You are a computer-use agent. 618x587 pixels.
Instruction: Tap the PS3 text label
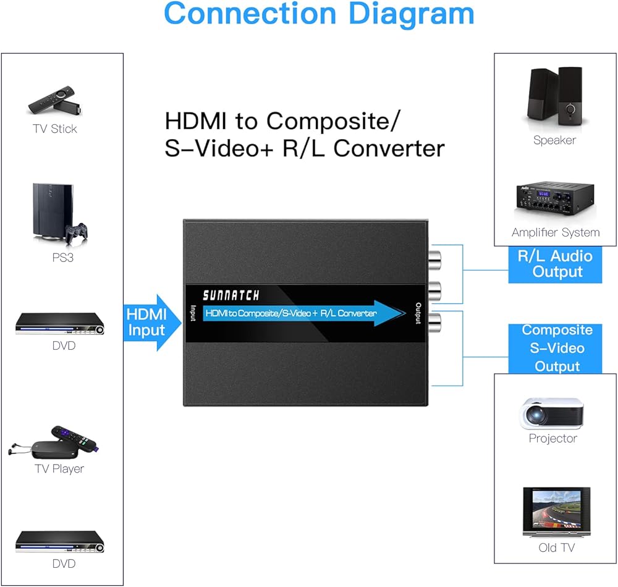pos(62,258)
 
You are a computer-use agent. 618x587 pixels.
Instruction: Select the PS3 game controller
pos(75,232)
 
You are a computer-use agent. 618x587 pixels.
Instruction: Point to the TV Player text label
pos(59,469)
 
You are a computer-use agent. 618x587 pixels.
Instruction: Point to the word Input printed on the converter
pos(193,313)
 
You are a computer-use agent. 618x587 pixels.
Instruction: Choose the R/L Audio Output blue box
pos(554,264)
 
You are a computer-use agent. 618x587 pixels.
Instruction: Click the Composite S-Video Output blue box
pos(554,348)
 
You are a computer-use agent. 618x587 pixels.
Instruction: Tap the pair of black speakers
pos(554,96)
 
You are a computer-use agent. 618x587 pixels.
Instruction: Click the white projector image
pos(552,413)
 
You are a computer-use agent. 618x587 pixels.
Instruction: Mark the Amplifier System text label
pos(556,233)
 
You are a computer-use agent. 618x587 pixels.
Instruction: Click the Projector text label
pos(552,439)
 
